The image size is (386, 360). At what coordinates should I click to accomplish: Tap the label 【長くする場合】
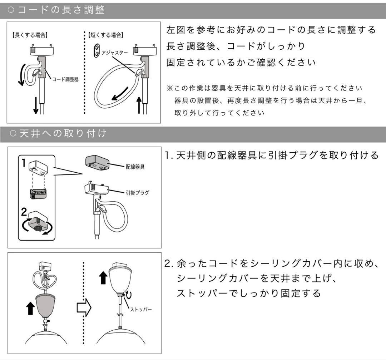coord(29,35)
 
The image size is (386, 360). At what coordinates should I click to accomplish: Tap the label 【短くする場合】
coord(106,35)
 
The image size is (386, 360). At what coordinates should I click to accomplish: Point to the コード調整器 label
coord(65,79)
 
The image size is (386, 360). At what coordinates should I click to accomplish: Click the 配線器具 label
coord(135,167)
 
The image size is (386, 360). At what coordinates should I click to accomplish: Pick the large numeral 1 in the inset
coord(23,164)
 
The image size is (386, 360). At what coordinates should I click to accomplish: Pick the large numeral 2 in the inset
coord(24,212)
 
